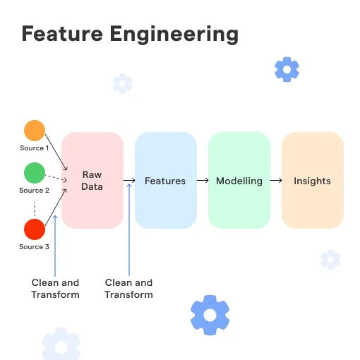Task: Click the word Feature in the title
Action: point(62,33)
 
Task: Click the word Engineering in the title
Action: point(174,35)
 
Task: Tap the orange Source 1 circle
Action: point(35,131)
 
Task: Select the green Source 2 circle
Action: point(35,173)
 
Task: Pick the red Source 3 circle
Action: point(35,229)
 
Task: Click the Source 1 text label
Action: point(35,148)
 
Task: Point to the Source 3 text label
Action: point(34,247)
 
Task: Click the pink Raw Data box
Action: point(92,180)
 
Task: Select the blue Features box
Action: point(166,180)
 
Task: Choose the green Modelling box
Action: point(239,180)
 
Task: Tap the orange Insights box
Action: point(313,180)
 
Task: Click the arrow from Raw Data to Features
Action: point(129,181)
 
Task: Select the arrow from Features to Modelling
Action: point(203,181)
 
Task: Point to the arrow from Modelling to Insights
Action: point(276,181)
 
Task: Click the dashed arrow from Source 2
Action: point(56,178)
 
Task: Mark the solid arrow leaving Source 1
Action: point(56,152)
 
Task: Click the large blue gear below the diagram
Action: point(210,315)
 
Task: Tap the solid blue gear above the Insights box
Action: point(287,69)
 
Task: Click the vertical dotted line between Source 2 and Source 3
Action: point(35,209)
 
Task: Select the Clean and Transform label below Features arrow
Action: point(128,289)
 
